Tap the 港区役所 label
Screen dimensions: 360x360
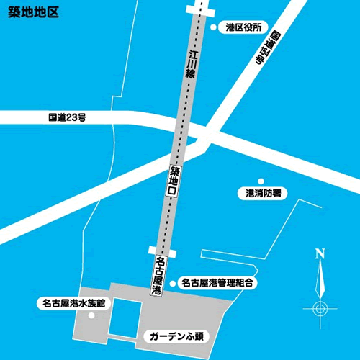[243, 27]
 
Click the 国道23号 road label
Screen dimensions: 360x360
[68, 117]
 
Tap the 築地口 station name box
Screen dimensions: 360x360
[174, 182]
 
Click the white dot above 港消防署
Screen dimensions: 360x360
[262, 180]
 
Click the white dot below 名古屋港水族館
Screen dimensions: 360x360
[91, 315]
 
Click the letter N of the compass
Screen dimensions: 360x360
[320, 253]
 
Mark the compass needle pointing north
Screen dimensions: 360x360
[320, 277]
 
